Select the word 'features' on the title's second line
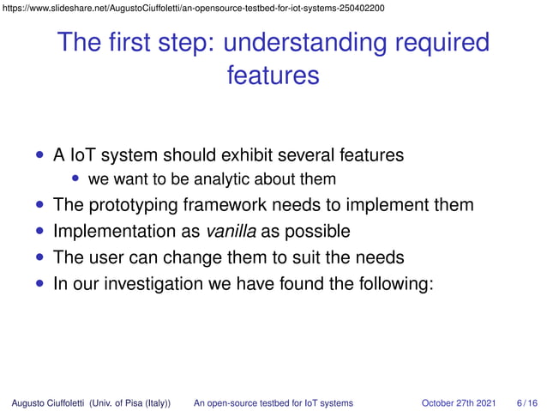tap(273, 76)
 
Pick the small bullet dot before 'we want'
tap(76, 179)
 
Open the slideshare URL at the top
tap(193, 8)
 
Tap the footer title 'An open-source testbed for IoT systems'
tap(273, 402)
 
